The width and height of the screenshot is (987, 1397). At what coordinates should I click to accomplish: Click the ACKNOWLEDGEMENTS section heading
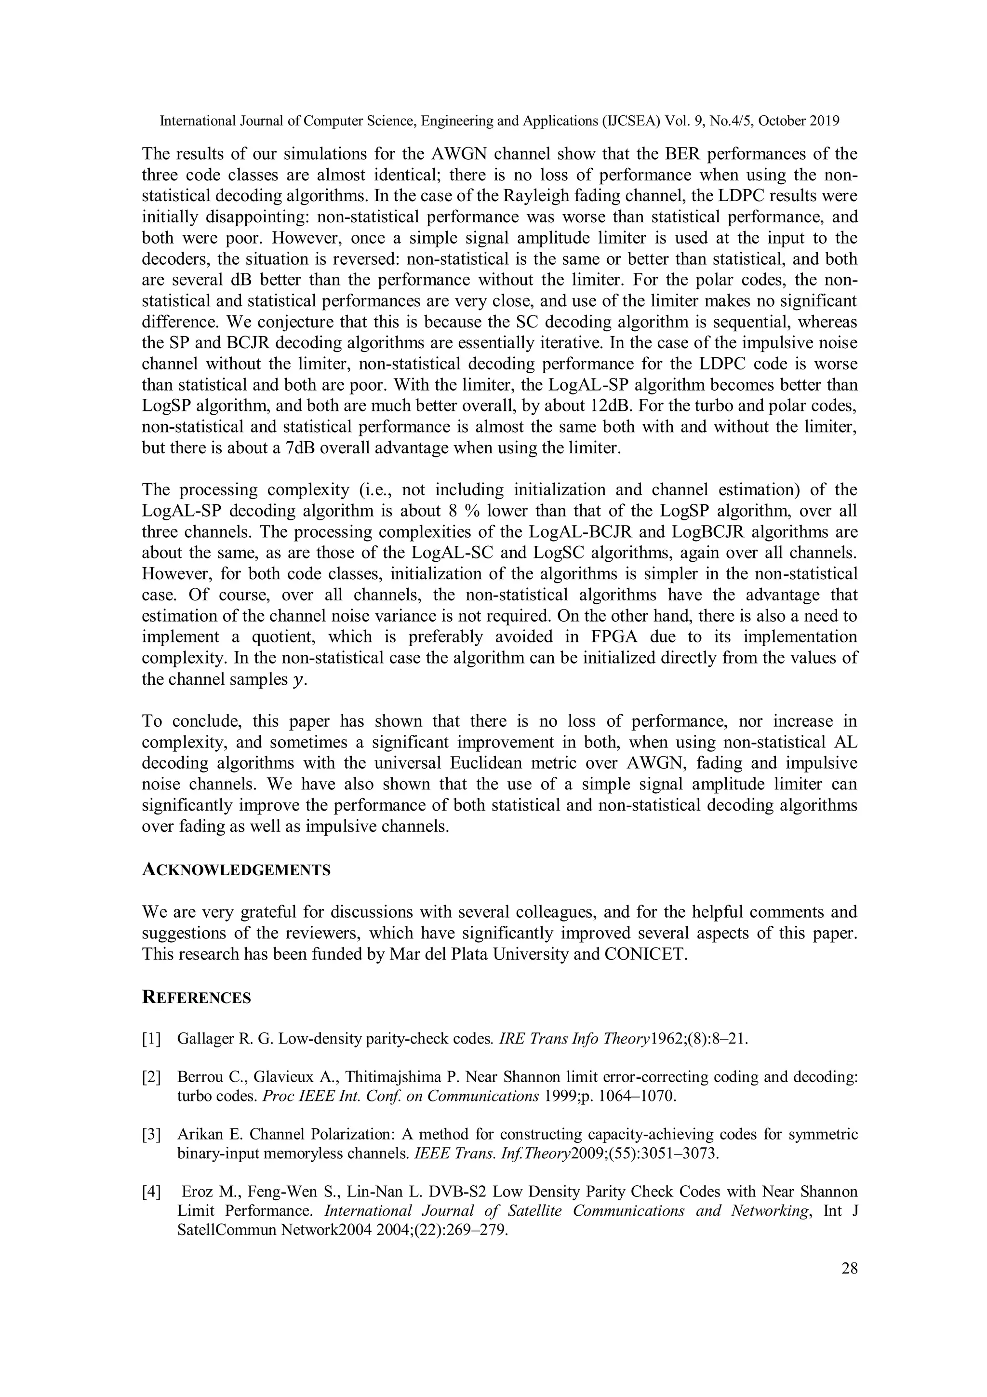[236, 870]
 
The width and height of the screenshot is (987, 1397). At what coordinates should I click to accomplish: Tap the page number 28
[850, 1269]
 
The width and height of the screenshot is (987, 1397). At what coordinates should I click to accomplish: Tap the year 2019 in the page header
[825, 121]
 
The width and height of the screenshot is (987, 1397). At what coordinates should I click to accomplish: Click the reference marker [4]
[151, 1192]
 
